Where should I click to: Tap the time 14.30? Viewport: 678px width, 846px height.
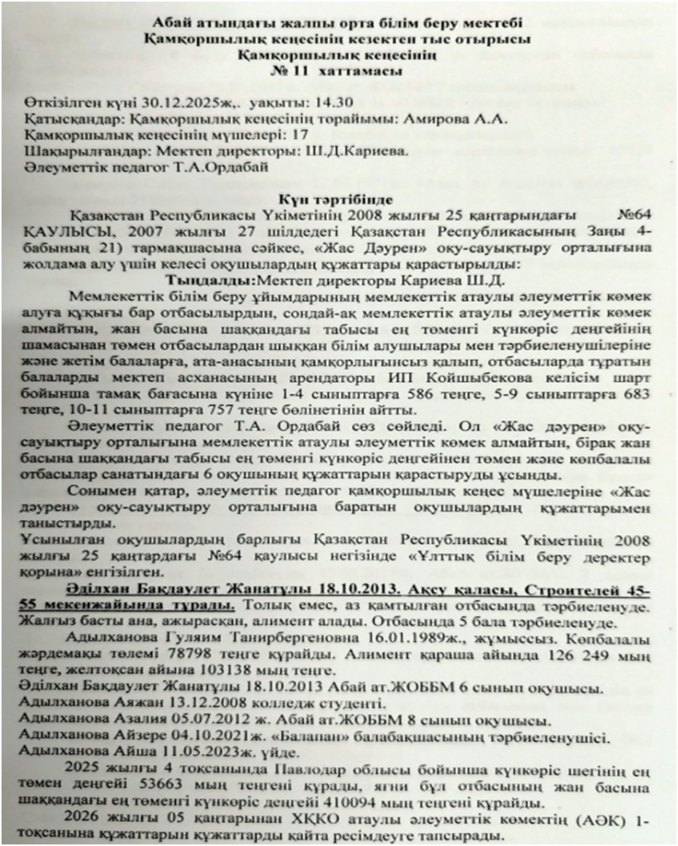[331, 104]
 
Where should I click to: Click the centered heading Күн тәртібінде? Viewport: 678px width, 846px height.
[339, 201]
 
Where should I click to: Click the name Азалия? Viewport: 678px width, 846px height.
[145, 719]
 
